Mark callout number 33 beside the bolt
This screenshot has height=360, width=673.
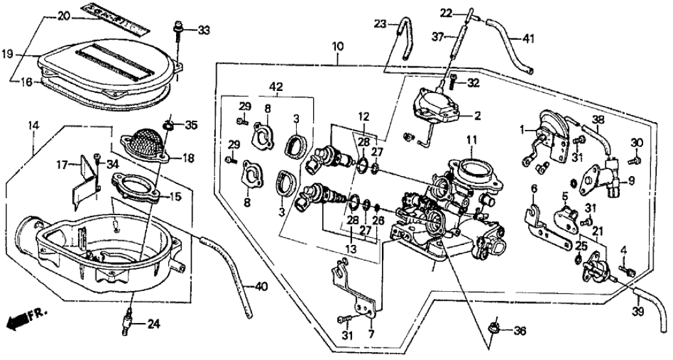point(204,30)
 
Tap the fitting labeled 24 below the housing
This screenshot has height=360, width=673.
point(130,320)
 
